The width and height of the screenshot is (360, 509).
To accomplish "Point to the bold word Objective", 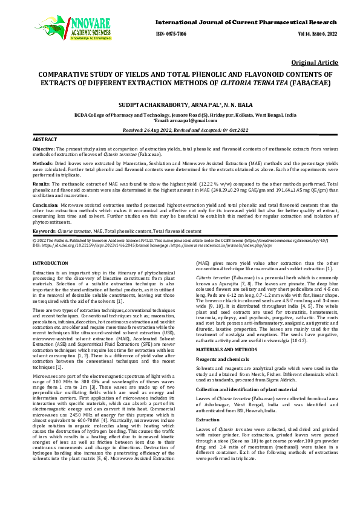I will [44, 149].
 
